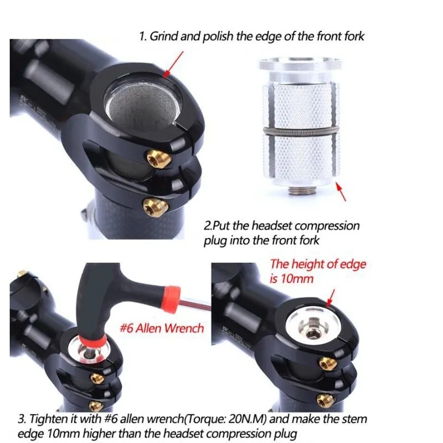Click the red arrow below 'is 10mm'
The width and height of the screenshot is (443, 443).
331,297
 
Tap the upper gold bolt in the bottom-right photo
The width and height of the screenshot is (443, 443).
322,363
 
